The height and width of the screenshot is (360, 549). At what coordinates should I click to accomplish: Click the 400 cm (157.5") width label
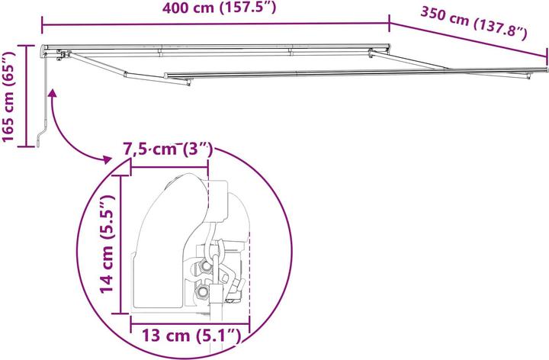215,10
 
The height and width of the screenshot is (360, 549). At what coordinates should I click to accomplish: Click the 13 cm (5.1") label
188,335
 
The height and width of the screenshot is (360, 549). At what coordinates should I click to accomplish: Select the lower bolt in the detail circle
202,292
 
